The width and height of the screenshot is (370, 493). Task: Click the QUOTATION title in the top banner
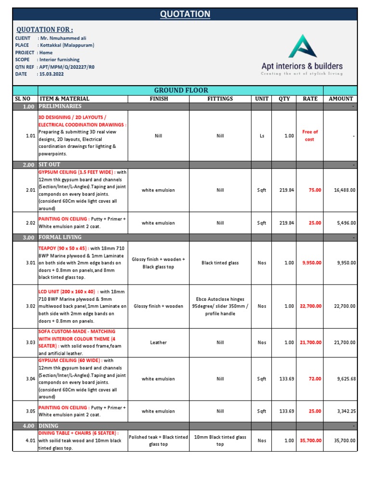[185, 14]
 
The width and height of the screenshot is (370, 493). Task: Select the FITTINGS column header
[220, 99]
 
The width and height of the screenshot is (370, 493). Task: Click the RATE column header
[310, 99]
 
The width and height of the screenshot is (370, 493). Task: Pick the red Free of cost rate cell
[310, 135]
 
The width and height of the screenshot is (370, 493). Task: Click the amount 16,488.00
[344, 190]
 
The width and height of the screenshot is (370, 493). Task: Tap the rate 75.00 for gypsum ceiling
[315, 190]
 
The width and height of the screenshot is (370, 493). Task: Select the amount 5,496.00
[346, 223]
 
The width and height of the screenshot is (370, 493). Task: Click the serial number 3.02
[31, 306]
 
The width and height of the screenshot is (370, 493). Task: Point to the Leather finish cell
[158, 342]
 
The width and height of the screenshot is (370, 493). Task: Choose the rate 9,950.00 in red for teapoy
[312, 263]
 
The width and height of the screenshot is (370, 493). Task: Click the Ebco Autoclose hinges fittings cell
[220, 306]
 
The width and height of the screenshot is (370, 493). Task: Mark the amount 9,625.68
[346, 379]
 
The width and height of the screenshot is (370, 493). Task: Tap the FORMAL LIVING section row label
[60, 237]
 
